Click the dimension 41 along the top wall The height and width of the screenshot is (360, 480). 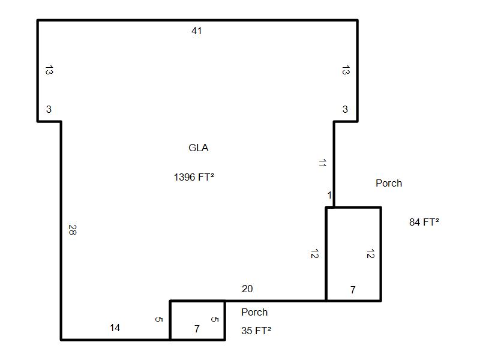pos(197,31)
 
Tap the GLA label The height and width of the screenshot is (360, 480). pos(199,148)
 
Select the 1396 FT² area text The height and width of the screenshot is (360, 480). pos(194,177)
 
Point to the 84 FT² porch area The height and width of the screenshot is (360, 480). pos(424,221)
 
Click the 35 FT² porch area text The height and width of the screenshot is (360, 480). pos(256,331)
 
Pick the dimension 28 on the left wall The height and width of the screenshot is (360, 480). pos(73,230)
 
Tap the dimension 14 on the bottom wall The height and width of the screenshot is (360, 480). pos(115,328)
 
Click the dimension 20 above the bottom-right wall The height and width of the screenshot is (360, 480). pos(247,289)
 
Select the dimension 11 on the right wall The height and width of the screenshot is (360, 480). pos(322,163)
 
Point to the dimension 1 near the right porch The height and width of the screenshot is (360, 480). pos(329,196)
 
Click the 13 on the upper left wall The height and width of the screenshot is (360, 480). pos(49,70)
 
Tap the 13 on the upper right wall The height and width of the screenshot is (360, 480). pos(346,70)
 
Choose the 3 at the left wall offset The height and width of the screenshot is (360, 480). pos(49,109)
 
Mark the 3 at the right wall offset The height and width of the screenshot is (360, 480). pos(345,109)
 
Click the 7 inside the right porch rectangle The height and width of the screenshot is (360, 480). pos(353,290)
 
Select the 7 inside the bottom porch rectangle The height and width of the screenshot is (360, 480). pos(197,329)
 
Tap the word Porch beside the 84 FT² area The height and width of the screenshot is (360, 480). pos(389,183)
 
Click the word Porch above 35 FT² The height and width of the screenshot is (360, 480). pos(254,312)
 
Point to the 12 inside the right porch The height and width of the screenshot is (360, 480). pos(370,254)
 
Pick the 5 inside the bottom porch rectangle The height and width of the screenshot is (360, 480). pos(215,319)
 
